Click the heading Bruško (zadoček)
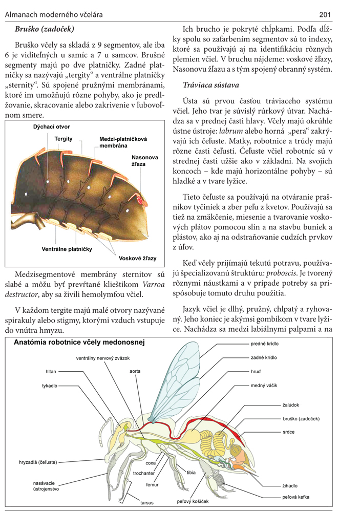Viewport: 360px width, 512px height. [x=45, y=29]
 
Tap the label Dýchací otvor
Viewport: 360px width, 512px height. [x=51, y=126]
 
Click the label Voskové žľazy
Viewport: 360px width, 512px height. [x=138, y=259]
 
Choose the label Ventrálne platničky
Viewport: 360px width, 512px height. [x=67, y=249]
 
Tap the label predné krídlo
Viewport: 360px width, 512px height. [x=264, y=344]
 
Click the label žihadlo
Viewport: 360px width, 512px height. [x=290, y=485]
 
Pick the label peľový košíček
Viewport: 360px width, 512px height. [x=193, y=501]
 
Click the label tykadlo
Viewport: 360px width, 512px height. [x=50, y=386]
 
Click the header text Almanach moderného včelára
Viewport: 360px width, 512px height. [x=53, y=14]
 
